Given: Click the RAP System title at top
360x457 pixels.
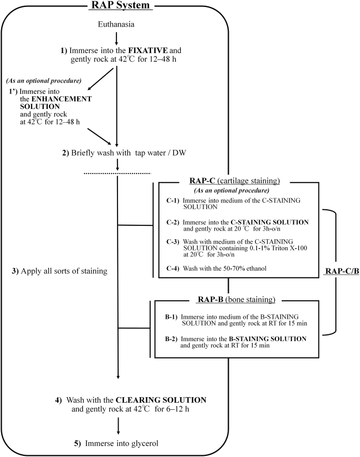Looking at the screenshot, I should click(x=119, y=6).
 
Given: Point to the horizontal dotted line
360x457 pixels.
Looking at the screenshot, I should click(x=118, y=172).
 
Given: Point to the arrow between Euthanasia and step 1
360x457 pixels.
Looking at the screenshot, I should click(x=118, y=36).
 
